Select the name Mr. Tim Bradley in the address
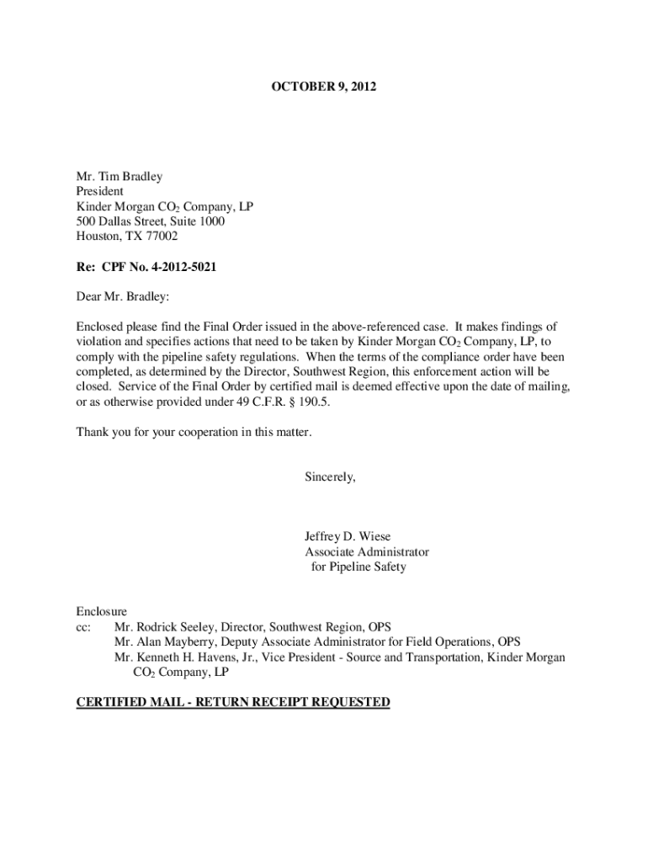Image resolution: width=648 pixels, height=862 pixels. (120, 177)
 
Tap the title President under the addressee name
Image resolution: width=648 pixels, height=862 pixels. (100, 192)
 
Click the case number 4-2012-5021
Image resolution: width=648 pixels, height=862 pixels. (183, 267)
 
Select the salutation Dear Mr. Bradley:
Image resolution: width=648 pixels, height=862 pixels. (122, 296)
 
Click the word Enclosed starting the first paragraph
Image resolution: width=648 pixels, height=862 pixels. (100, 326)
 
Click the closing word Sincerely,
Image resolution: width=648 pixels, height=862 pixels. (330, 477)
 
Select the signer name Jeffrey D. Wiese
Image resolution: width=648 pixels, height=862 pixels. (348, 537)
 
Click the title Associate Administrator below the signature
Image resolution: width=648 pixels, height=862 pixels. (366, 552)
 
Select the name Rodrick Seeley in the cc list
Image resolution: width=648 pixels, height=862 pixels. (178, 627)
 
